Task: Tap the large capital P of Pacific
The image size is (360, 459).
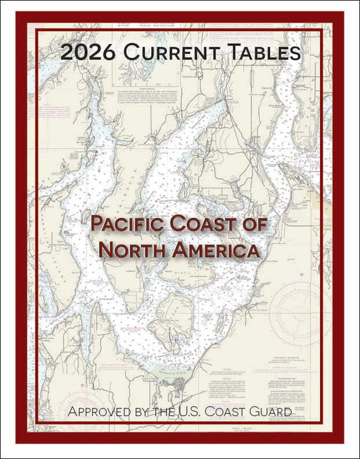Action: (98, 225)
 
